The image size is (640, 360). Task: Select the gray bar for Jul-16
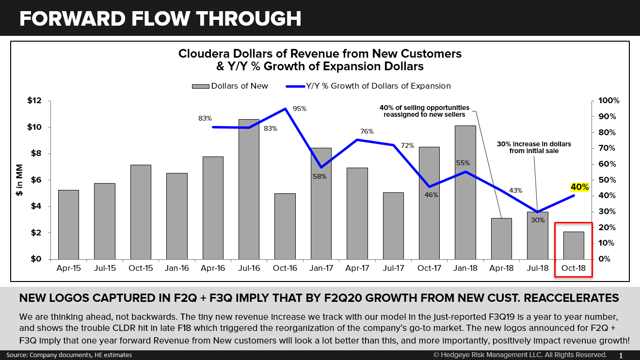[249, 189]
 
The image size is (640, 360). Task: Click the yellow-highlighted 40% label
[579, 187]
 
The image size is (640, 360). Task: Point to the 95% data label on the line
[300, 109]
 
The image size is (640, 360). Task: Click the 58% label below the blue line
[320, 177]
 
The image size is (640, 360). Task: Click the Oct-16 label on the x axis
[285, 268]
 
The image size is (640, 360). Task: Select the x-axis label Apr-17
[357, 268]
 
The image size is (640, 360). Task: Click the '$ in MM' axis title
[19, 180]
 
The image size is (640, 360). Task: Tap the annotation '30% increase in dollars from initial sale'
[534, 147]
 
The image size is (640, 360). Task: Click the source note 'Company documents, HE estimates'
[80, 355]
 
